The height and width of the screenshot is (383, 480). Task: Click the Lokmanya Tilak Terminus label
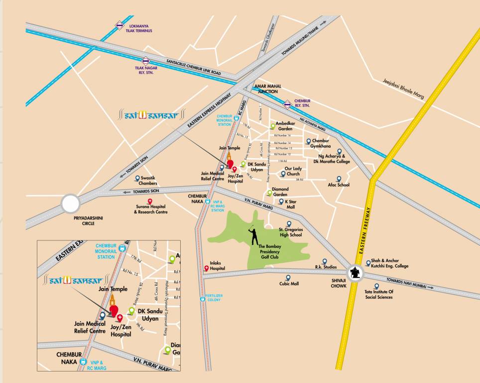139,27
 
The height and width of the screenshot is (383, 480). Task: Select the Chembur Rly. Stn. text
302,103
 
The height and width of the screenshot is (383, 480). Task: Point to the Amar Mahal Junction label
268,89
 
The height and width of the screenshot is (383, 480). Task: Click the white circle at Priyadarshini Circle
71,204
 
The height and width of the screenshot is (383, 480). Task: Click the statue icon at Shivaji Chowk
355,273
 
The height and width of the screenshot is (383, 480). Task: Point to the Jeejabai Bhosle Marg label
403,89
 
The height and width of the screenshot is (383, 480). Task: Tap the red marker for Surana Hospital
150,200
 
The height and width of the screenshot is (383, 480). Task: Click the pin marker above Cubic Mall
287,277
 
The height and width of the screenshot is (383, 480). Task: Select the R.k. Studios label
326,267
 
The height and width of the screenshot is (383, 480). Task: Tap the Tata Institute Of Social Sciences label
379,294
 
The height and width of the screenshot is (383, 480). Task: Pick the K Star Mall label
290,204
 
